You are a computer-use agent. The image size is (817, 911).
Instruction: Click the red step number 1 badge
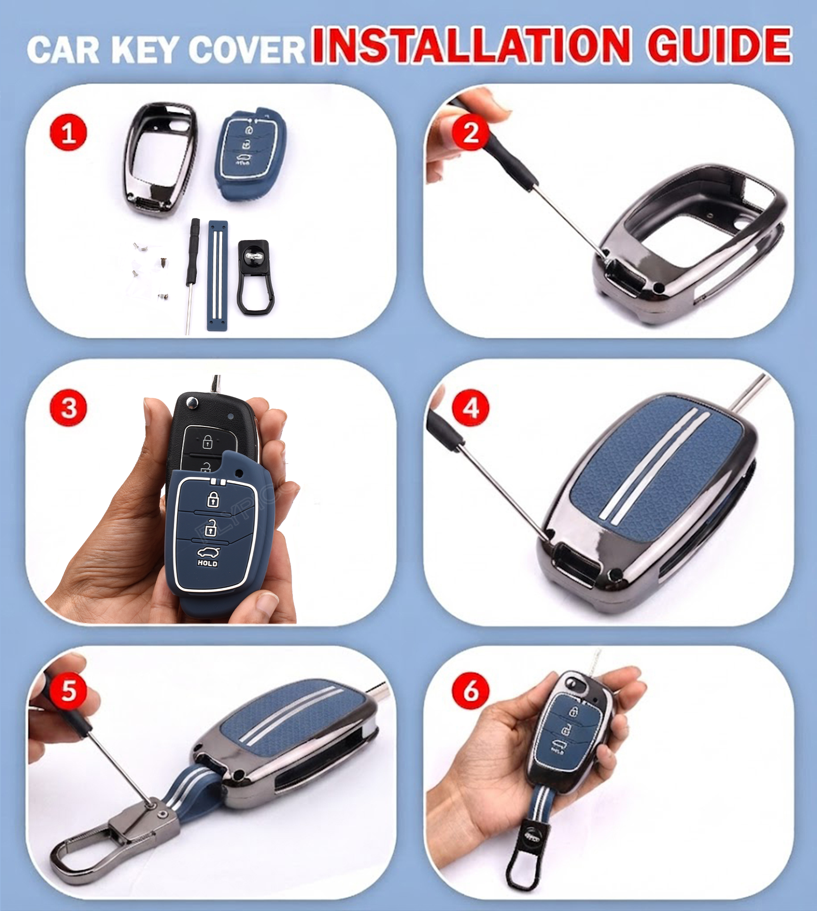(68, 134)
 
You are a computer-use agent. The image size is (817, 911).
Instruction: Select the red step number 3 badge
(68, 408)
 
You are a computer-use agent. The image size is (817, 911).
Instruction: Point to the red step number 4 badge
(470, 408)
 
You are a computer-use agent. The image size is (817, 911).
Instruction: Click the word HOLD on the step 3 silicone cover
(207, 563)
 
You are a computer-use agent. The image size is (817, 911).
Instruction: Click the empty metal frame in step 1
(159, 159)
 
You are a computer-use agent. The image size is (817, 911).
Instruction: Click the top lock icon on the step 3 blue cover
(212, 498)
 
